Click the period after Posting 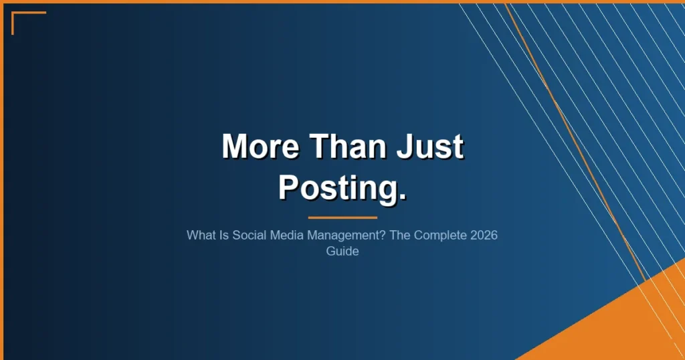401,197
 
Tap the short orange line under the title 342,217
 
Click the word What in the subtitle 201,237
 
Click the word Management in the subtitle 338,237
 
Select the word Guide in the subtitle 342,252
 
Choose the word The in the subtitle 395,237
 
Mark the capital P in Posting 289,187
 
